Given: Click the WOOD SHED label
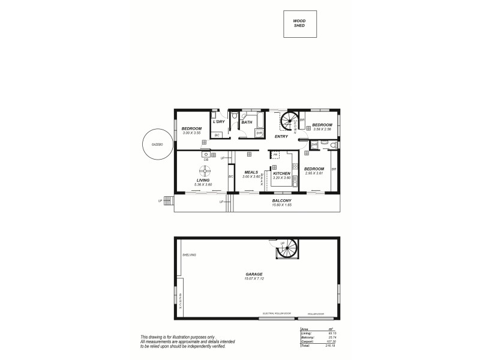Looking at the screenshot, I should click(x=299, y=23).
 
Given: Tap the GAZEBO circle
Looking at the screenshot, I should click(x=157, y=144).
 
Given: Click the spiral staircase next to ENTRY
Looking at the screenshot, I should click(x=291, y=122).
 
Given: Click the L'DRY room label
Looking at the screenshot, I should click(x=219, y=122).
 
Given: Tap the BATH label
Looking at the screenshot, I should click(x=247, y=122).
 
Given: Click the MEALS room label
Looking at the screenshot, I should click(x=251, y=173).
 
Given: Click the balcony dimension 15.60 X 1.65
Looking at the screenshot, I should click(x=281, y=205).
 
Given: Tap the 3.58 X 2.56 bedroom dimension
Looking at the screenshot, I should click(x=318, y=130).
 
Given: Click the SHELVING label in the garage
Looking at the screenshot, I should click(x=189, y=256).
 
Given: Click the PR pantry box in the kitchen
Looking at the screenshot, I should click(x=275, y=154).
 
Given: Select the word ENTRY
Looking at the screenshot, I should click(x=281, y=137).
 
